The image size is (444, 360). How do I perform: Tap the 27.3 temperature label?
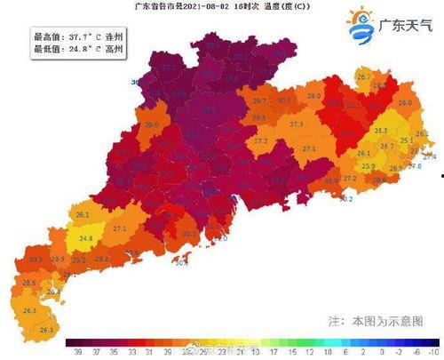coord(297,124)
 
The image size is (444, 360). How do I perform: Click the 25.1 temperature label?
coord(407,140)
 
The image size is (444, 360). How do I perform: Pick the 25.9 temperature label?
coord(369,166)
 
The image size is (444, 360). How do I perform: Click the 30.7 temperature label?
coord(283,100)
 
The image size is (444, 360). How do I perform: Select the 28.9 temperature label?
coord(58,259)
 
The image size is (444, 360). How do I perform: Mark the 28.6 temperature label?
coord(28,282)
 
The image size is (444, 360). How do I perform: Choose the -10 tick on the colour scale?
coord(430,352)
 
